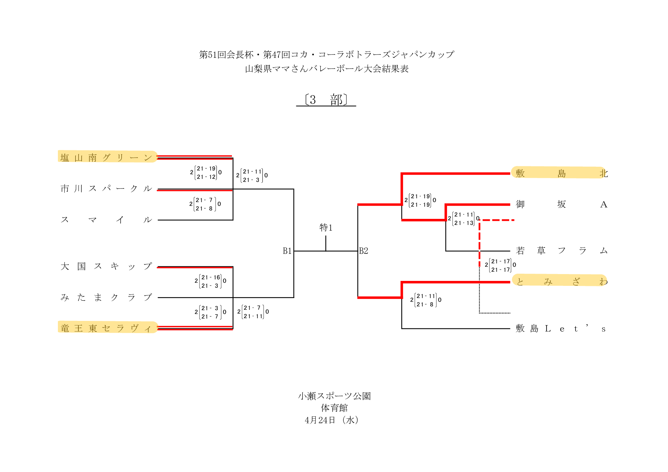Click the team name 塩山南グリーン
tap(107, 157)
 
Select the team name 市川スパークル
tap(107, 188)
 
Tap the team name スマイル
tap(107, 220)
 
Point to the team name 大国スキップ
tap(107, 266)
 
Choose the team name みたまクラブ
tap(107, 297)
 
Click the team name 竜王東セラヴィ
tap(107, 328)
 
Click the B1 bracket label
tap(287, 251)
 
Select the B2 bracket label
tap(364, 251)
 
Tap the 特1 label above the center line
tap(326, 228)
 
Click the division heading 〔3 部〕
tap(326, 100)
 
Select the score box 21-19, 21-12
tap(206, 172)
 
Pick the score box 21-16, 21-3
tap(211, 281)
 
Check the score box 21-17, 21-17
tap(500, 265)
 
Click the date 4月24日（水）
tap(332, 420)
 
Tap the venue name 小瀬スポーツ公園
tap(334, 396)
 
